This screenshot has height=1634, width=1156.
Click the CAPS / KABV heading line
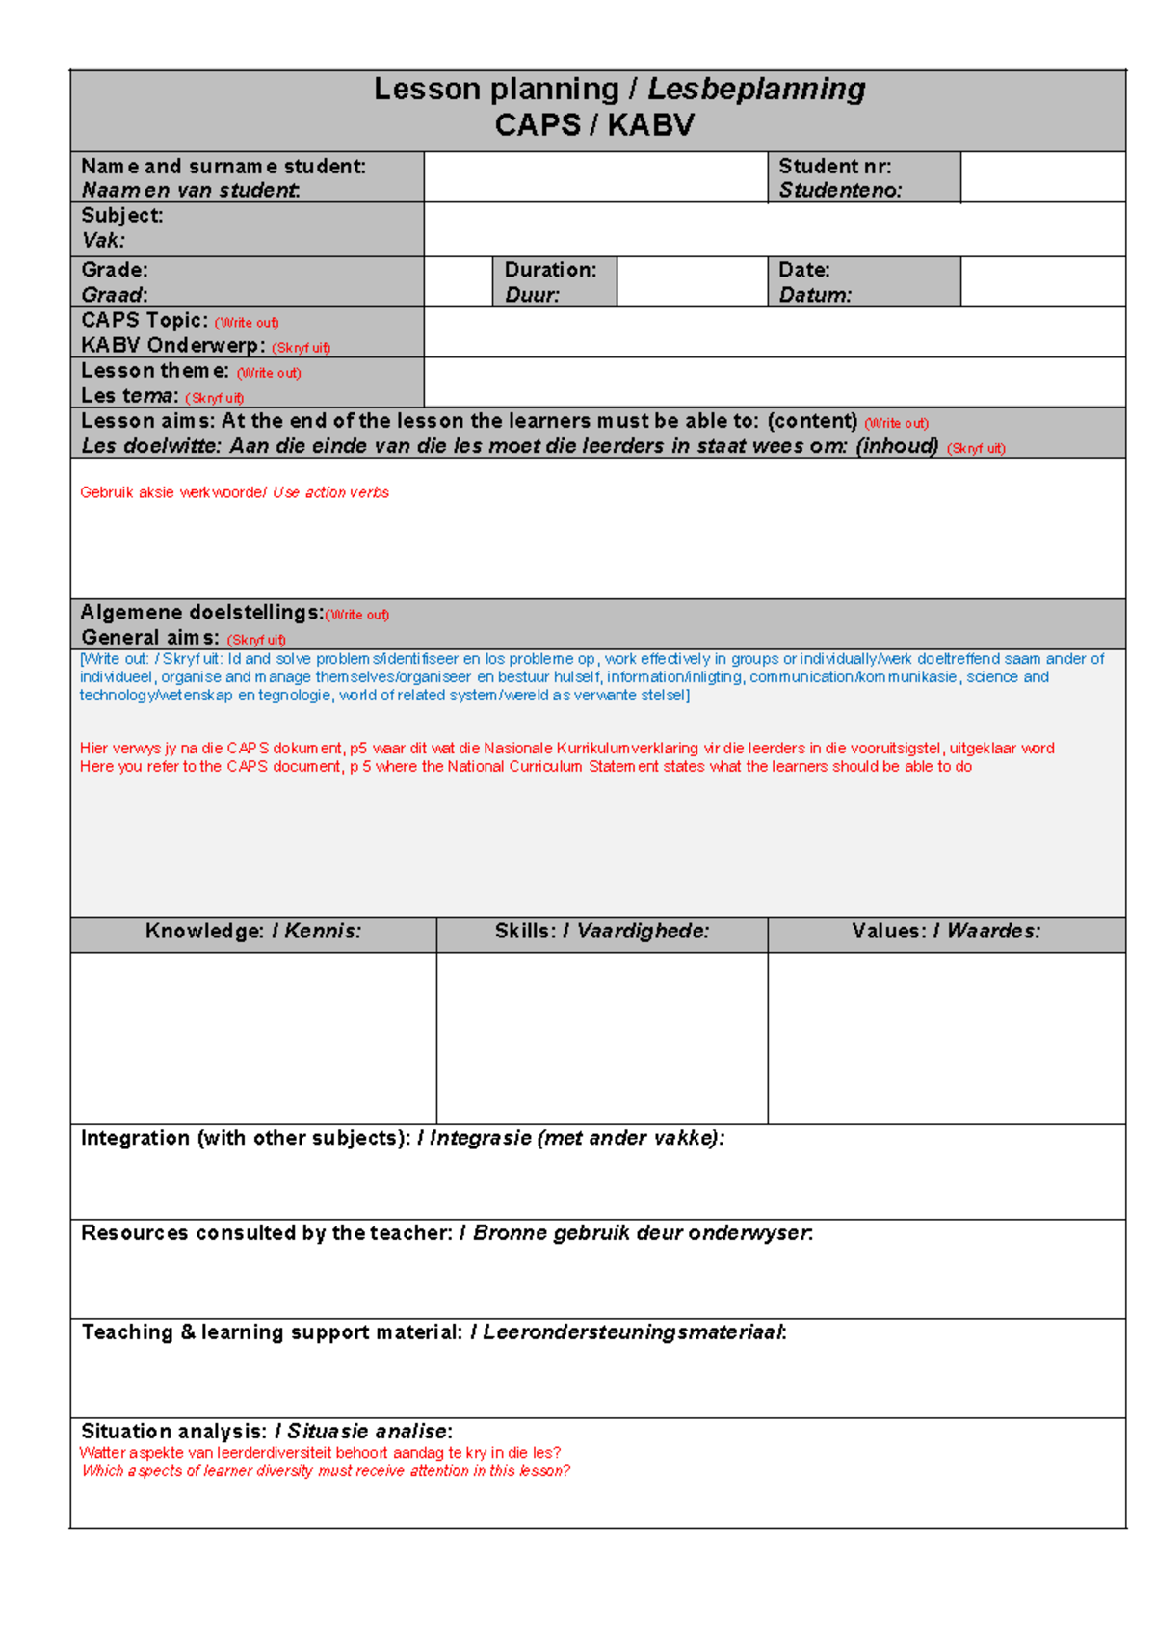594,125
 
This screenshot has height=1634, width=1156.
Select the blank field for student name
594,177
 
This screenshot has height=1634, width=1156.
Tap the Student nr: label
834,167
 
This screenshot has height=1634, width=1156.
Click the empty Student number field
1042,177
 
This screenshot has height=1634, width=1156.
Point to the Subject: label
122,216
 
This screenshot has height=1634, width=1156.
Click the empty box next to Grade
458,282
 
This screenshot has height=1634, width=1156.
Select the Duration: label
550,271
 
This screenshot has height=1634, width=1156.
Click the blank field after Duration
691,282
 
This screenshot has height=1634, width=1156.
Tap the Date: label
804,271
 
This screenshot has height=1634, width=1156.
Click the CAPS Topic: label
144,321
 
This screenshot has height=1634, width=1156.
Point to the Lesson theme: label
155,371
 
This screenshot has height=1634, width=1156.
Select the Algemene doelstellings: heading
202,613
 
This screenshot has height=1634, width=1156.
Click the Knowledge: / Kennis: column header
253,932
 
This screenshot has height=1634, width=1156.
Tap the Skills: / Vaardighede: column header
602,932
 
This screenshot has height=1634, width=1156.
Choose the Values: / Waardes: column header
946,932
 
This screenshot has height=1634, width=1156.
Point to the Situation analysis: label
174,1432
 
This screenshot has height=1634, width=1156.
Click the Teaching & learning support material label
272,1332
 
